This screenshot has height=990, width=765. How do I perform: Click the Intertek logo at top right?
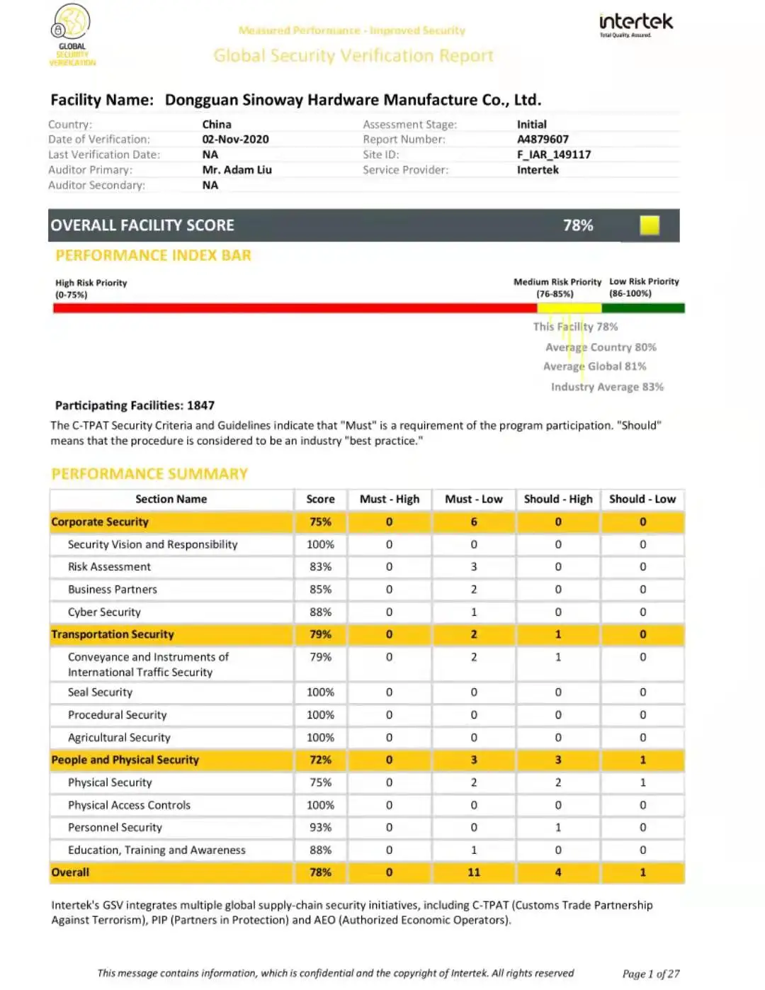pyautogui.click(x=635, y=24)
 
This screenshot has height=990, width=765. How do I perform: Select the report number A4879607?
pyautogui.click(x=542, y=140)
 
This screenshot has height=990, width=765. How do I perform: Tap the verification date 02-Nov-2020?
pyautogui.click(x=235, y=140)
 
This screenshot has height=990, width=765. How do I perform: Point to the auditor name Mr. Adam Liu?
pyautogui.click(x=237, y=170)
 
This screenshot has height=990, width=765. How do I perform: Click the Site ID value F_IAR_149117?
pyautogui.click(x=553, y=154)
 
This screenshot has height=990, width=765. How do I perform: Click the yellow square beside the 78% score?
pyautogui.click(x=649, y=225)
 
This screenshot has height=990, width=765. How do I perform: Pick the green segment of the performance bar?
pyautogui.click(x=642, y=308)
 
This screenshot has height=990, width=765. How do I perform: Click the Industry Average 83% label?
pyautogui.click(x=607, y=387)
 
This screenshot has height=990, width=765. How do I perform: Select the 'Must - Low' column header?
pyautogui.click(x=473, y=499)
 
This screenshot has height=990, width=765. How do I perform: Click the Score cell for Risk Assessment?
pyautogui.click(x=320, y=567)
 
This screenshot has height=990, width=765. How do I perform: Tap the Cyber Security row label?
pyautogui.click(x=104, y=612)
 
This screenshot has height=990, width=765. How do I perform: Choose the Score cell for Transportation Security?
pyautogui.click(x=320, y=634)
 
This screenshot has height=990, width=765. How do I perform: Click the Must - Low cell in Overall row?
pyautogui.click(x=473, y=872)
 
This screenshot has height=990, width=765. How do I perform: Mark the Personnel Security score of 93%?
pyautogui.click(x=320, y=828)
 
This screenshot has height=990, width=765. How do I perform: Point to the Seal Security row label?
pyautogui.click(x=100, y=692)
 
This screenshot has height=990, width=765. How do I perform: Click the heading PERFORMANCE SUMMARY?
pyautogui.click(x=149, y=474)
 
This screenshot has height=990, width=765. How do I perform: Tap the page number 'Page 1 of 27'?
pyautogui.click(x=650, y=974)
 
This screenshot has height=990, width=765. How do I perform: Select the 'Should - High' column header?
pyautogui.click(x=558, y=499)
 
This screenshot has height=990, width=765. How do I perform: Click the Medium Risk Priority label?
pyautogui.click(x=557, y=282)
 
